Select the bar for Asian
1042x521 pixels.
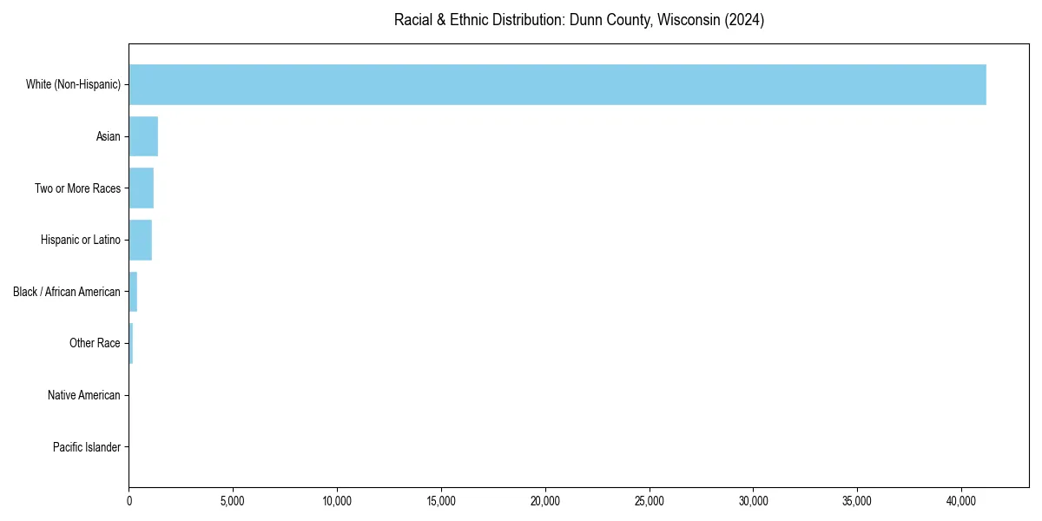pos(143,136)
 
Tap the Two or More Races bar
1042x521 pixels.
pos(142,188)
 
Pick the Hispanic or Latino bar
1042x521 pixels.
pos(141,240)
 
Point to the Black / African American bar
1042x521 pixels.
pos(133,292)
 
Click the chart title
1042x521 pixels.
pos(579,20)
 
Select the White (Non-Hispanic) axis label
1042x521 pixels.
pos(73,84)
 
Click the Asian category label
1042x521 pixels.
pos(109,136)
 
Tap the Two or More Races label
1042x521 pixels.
pos(77,188)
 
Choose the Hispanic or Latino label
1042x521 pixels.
pos(80,240)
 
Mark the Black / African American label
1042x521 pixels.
pos(67,292)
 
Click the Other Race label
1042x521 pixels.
pos(95,343)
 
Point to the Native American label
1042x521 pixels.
pos(84,395)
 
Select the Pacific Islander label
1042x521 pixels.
pos(87,447)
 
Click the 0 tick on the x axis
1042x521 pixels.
pos(129,501)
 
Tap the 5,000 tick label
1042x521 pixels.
pos(233,501)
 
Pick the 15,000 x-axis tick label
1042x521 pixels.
pos(441,501)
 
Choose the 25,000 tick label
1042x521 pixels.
pos(650,501)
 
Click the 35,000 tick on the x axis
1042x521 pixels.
pos(857,501)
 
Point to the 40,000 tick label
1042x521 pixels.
pos(961,501)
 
